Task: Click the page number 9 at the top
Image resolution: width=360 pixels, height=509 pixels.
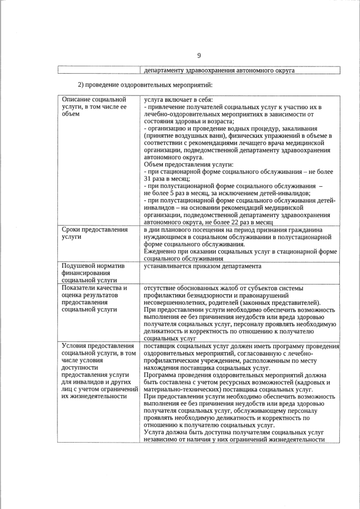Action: coord(199,55)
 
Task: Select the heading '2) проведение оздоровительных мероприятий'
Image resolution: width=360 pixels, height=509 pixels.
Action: coord(145,85)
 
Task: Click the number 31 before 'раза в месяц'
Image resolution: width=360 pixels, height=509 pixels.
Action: coord(148,179)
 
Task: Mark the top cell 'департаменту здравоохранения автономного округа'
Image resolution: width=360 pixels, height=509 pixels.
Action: coord(219,70)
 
